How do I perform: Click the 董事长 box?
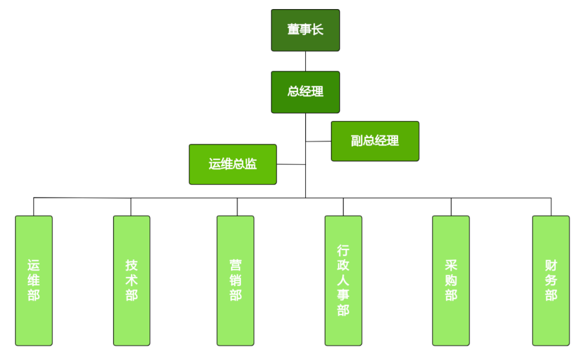[305, 30]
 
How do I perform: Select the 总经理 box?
[305, 92]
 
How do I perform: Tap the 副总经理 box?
[375, 141]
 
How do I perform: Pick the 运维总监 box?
[233, 164]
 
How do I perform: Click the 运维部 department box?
[34, 280]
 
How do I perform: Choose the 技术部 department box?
[131, 280]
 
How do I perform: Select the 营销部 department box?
[235, 280]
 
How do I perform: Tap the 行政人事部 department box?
[343, 280]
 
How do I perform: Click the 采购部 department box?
[451, 280]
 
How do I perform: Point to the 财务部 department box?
[551, 280]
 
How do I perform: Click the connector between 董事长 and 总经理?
[306, 61]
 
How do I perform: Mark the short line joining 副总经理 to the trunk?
[319, 141]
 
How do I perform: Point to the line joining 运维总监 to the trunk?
[291, 165]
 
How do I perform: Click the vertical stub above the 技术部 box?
[131, 207]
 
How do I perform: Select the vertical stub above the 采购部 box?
[451, 207]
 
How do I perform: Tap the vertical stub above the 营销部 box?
[237, 207]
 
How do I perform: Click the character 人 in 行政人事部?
[343, 280]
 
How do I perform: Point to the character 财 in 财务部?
[551, 265]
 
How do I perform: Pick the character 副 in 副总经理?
[356, 141]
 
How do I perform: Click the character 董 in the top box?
[293, 30]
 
